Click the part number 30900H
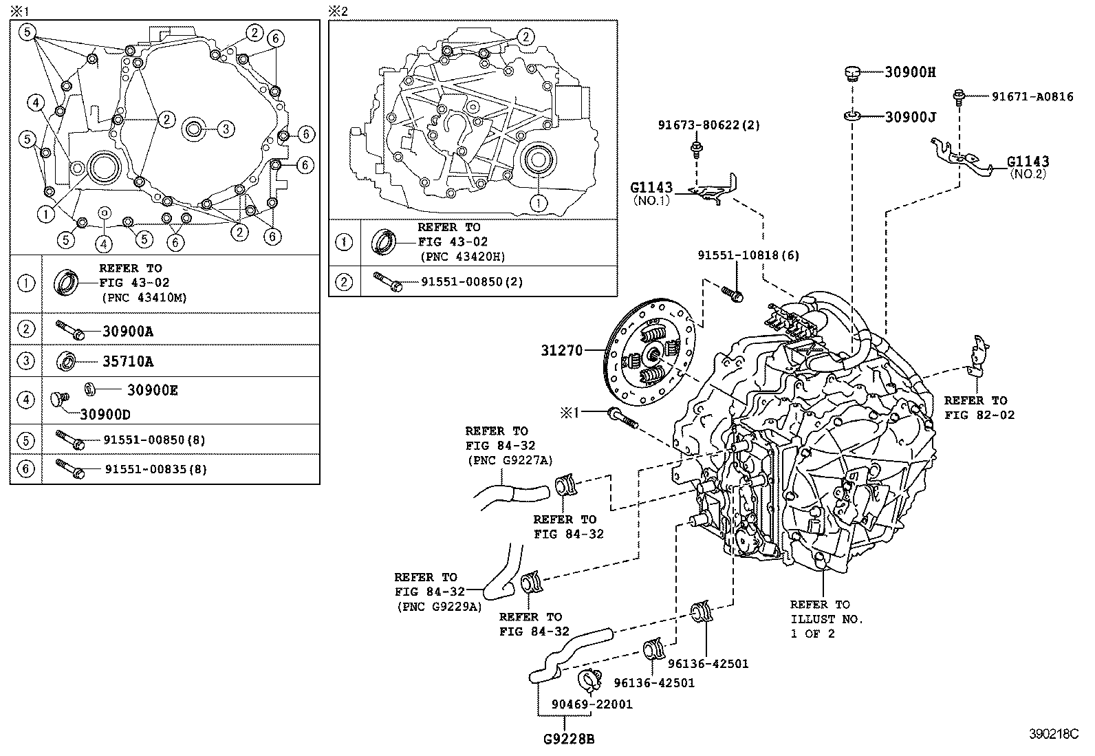[x=910, y=72]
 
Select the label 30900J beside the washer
[x=910, y=117]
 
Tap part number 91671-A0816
[x=1032, y=97]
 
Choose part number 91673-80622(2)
[x=708, y=125]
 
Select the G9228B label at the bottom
[x=568, y=740]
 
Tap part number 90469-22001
[x=592, y=704]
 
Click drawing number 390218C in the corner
[x=1053, y=733]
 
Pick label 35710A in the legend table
[x=128, y=360]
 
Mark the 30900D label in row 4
[x=105, y=414]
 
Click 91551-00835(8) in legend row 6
[x=155, y=469]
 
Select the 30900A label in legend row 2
[x=128, y=331]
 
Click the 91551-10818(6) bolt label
[x=748, y=255]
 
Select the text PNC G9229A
[x=439, y=606]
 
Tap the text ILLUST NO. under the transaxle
[x=826, y=619]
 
